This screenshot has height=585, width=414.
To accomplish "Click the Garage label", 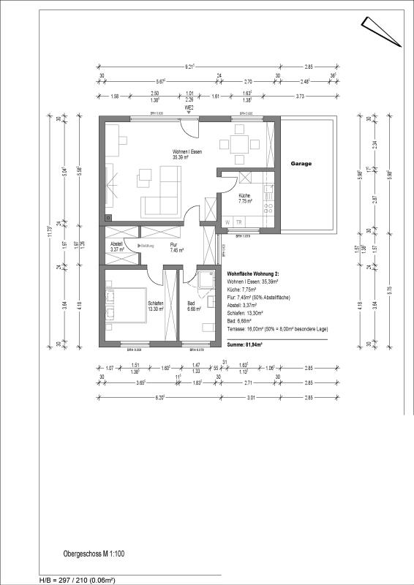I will coord(300,164).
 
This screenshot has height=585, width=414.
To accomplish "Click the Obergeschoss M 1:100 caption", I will coord(93,555).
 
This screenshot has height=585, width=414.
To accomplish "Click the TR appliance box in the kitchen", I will coord(239,222).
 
